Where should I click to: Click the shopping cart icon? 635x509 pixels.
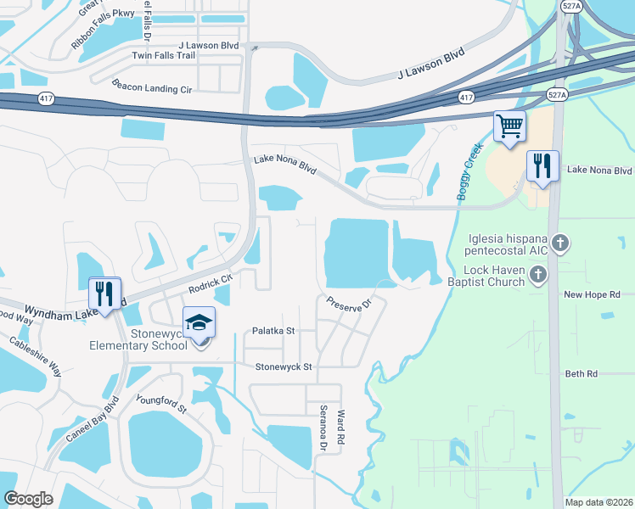coord(509,127)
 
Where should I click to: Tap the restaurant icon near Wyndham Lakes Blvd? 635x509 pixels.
coord(105,294)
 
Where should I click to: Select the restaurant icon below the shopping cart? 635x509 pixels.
coord(542,165)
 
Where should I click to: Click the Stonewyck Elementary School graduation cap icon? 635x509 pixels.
coord(199,324)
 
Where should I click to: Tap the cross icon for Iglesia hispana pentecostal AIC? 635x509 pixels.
coord(559,244)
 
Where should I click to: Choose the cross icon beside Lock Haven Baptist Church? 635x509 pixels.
coord(537,274)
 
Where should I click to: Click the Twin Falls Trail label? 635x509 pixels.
coord(163,56)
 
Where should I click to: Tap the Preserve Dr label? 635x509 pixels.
coord(350,304)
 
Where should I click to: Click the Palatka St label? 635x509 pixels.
coord(273,331)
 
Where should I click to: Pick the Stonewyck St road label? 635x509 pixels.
coord(284,366)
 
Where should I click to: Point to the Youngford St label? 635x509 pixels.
coord(160,403)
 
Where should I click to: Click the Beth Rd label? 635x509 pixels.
coord(582,373)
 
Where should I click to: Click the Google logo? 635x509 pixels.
coord(28,499)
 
